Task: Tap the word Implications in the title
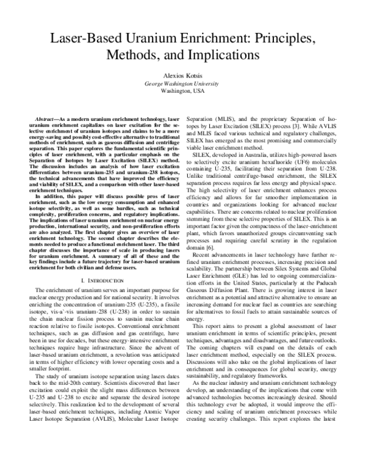tap(214, 56)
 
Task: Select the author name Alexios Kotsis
tap(182, 75)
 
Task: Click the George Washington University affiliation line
tap(182, 83)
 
